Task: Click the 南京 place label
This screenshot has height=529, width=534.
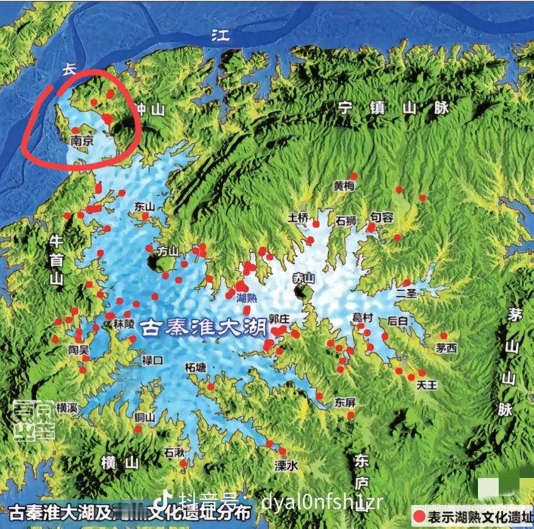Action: (82, 142)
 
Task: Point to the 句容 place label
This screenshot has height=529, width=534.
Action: (382, 217)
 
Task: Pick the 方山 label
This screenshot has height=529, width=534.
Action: (168, 251)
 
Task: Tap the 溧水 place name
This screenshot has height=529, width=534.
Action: (286, 466)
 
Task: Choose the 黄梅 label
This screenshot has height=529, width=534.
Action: (344, 186)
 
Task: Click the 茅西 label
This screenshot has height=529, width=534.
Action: (446, 348)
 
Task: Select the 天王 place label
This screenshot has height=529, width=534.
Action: (426, 385)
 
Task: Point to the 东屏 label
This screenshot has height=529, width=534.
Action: (345, 401)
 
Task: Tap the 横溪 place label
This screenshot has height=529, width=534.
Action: (67, 407)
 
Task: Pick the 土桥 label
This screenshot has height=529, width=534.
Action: (298, 218)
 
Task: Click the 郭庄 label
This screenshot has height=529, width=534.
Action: (278, 319)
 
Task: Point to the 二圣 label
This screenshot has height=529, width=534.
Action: (406, 293)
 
